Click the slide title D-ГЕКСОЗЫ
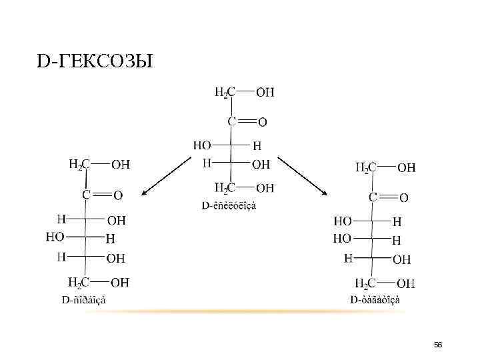[95, 63]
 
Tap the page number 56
[438, 344]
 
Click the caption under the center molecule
[229, 205]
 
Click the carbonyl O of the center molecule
[262, 122]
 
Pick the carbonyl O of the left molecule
[117, 195]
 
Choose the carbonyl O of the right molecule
[404, 197]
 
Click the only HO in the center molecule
[203, 145]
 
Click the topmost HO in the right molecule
[343, 220]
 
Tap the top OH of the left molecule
[120, 164]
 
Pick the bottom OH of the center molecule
[265, 187]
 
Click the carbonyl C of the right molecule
[374, 197]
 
